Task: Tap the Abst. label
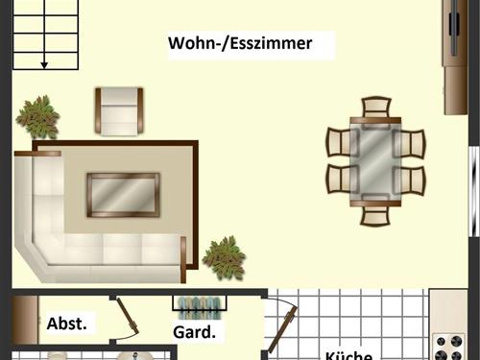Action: coord(67,324)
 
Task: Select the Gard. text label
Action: coord(193,333)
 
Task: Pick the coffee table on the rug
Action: coord(123,194)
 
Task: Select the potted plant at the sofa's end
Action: coord(224,256)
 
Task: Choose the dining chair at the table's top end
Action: coord(375,108)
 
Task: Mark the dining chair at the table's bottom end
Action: coord(375,212)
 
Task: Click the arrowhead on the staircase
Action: coord(44,64)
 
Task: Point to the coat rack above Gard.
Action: coord(201,304)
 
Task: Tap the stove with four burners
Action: coord(448,345)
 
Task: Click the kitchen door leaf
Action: coord(281,327)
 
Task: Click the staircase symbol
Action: coord(44,35)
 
